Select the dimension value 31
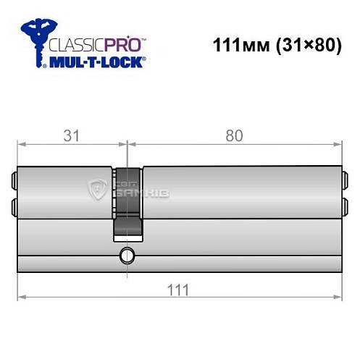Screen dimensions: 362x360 point(70,136)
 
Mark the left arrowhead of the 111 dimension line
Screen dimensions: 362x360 point(21,297)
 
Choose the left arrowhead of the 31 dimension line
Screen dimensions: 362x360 point(21,144)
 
